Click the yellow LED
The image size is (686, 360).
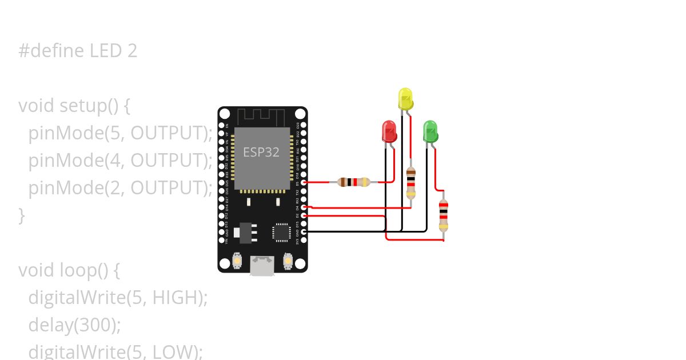(405, 99)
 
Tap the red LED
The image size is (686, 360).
(389, 131)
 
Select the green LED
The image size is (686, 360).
(430, 131)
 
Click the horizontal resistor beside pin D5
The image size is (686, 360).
(354, 182)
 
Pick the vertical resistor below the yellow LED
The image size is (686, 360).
(410, 183)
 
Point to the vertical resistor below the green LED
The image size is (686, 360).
(443, 215)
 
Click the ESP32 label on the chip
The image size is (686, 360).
(261, 152)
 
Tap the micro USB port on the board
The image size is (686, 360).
(262, 266)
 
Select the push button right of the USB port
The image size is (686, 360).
(288, 262)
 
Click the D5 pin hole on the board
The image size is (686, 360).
(304, 182)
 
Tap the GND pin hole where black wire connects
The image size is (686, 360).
(304, 231)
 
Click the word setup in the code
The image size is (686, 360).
(83, 106)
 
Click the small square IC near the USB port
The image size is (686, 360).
(281, 232)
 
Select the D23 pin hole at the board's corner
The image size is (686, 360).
(304, 125)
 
